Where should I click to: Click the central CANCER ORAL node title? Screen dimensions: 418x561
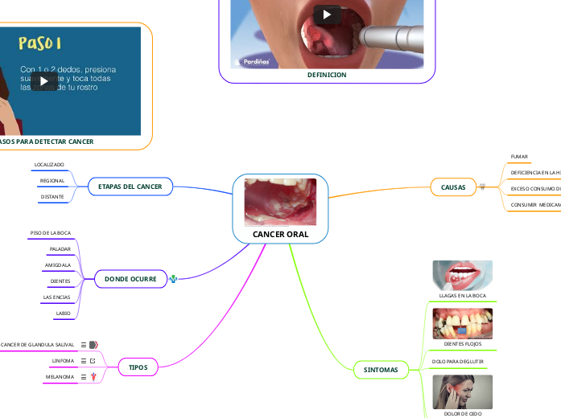[280, 234]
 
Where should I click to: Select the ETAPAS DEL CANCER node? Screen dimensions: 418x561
[130, 186]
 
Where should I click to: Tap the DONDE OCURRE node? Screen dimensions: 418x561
[130, 279]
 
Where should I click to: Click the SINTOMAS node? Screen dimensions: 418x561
[381, 370]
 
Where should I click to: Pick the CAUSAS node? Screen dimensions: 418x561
[453, 186]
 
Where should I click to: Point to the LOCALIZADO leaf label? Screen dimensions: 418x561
[49, 164]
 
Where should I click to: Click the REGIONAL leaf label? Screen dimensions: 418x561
[52, 181]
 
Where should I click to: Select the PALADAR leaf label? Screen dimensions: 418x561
[60, 249]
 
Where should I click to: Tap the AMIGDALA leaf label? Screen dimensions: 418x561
[58, 264]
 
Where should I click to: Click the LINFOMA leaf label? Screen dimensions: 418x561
[63, 361]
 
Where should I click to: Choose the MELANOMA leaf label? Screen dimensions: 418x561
[60, 376]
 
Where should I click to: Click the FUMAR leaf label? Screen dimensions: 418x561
[520, 156]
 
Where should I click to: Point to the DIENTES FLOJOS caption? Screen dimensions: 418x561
[463, 343]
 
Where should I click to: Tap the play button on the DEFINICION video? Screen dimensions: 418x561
[327, 14]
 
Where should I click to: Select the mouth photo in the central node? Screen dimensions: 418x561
[280, 202]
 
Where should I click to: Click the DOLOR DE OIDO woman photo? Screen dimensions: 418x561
[462, 392]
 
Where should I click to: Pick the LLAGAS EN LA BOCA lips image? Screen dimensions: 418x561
[462, 274]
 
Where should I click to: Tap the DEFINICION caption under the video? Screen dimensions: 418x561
[327, 75]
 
